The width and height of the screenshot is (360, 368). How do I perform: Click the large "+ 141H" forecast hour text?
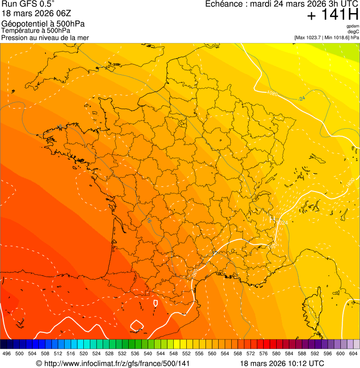pyautogui.click(x=332, y=15)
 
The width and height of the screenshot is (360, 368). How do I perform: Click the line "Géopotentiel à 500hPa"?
pyautogui.click(x=43, y=24)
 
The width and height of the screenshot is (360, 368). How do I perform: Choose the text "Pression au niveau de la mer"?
pyautogui.click(x=45, y=37)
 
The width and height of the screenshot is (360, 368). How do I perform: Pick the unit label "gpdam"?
pyautogui.click(x=353, y=26)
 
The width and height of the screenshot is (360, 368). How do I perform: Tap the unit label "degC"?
pyautogui.click(x=353, y=32)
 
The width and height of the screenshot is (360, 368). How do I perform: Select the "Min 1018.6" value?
pyautogui.click(x=337, y=37)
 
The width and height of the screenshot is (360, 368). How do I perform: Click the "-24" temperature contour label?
pyautogui.click(x=301, y=98)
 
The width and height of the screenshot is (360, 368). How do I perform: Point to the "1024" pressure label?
pyautogui.click(x=282, y=223)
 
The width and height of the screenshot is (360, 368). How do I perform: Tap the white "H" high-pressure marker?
pyautogui.click(x=272, y=219)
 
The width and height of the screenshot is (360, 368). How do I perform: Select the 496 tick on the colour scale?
pyautogui.click(x=7, y=354)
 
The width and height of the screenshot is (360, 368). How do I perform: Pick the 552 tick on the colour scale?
pyautogui.click(x=186, y=354)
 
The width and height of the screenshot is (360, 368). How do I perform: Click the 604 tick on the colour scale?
pyautogui.click(x=353, y=354)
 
